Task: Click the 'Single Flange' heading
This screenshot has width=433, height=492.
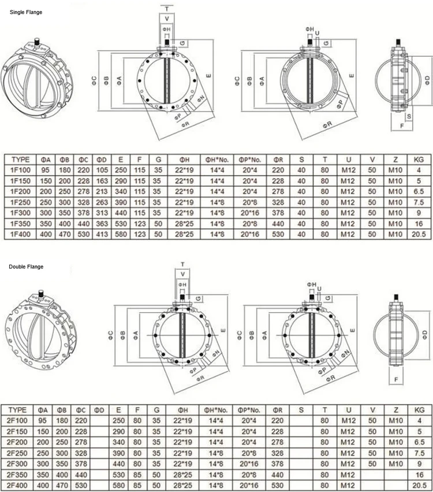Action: pyautogui.click(x=25, y=12)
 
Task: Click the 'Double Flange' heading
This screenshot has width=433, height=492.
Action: pyautogui.click(x=26, y=267)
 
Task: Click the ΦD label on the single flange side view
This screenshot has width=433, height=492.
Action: pyautogui.click(x=427, y=77)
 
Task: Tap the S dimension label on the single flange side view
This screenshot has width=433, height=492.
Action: pyautogui.click(x=409, y=116)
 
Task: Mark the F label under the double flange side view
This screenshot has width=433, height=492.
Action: pyautogui.click(x=396, y=379)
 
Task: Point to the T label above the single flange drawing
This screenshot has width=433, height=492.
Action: pyautogui.click(x=167, y=10)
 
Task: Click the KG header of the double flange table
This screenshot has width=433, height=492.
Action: pyautogui.click(x=419, y=410)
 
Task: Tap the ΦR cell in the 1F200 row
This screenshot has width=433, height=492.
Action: pyautogui.click(x=277, y=191)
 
